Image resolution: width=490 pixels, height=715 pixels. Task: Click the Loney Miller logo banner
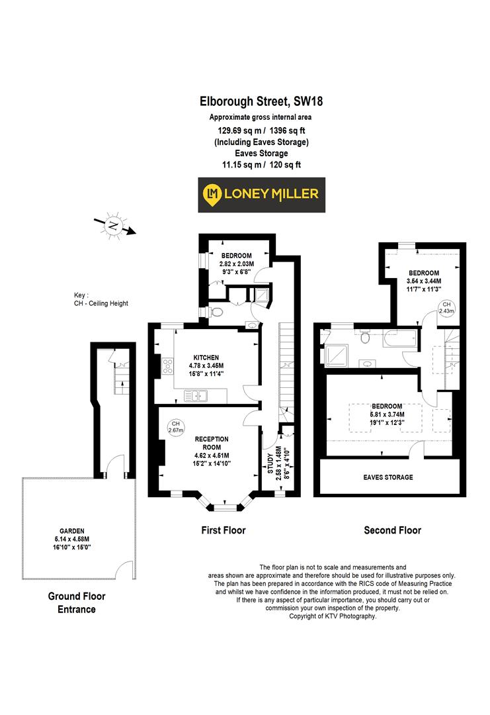pos(262,195)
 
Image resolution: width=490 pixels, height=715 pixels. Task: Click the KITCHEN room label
pos(207,358)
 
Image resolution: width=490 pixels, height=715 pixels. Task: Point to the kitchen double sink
pos(197,396)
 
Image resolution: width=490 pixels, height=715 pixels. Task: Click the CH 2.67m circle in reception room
pos(175,427)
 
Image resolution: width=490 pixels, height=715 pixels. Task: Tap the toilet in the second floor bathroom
pos(365,338)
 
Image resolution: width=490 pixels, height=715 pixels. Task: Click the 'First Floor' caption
pos(224,530)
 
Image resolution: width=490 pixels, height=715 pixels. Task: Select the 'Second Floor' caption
pos(392,530)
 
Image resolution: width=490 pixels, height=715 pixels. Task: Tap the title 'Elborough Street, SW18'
pos(261,101)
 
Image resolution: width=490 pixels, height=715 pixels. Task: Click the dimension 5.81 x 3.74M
pos(387,415)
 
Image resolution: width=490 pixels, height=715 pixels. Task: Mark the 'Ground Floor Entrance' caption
pos(76,602)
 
